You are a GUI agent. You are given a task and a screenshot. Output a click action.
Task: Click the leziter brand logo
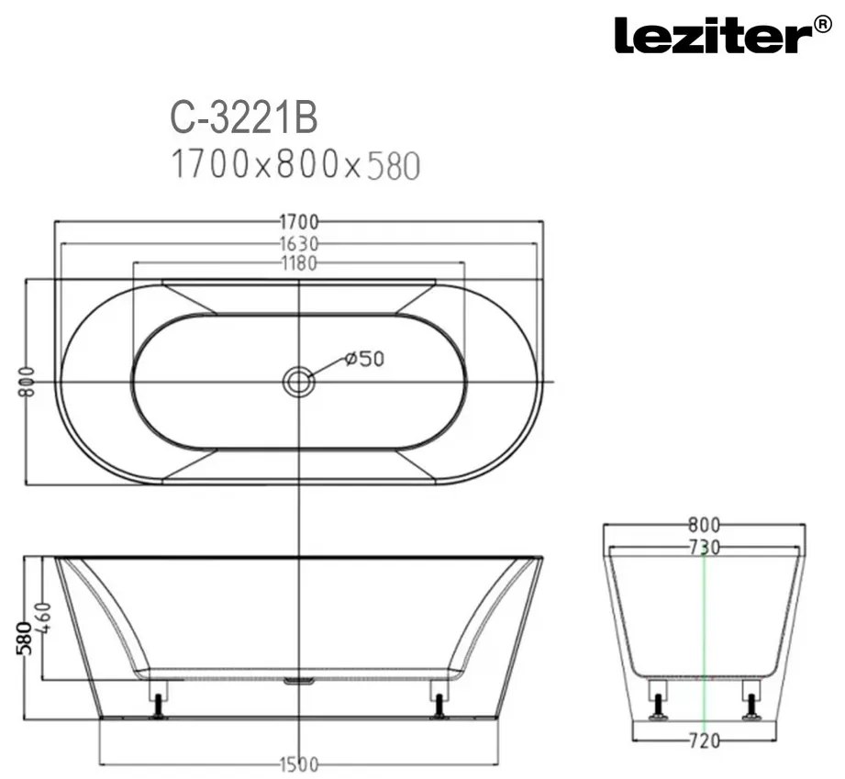(x=723, y=35)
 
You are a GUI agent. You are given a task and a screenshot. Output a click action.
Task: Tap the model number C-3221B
(x=244, y=118)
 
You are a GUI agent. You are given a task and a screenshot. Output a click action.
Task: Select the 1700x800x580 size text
(x=295, y=164)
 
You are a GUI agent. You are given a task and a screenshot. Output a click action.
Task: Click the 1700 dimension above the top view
(x=299, y=221)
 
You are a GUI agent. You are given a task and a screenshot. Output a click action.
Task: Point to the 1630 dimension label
(x=299, y=244)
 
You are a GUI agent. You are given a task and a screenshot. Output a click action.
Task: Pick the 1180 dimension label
(x=299, y=263)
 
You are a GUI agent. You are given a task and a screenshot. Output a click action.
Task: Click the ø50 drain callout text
(x=364, y=359)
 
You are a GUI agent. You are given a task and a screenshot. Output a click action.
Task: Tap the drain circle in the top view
(x=298, y=383)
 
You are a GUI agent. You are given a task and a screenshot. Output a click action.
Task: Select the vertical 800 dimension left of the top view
(x=27, y=382)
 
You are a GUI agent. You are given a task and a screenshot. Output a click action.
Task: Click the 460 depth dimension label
(x=45, y=618)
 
